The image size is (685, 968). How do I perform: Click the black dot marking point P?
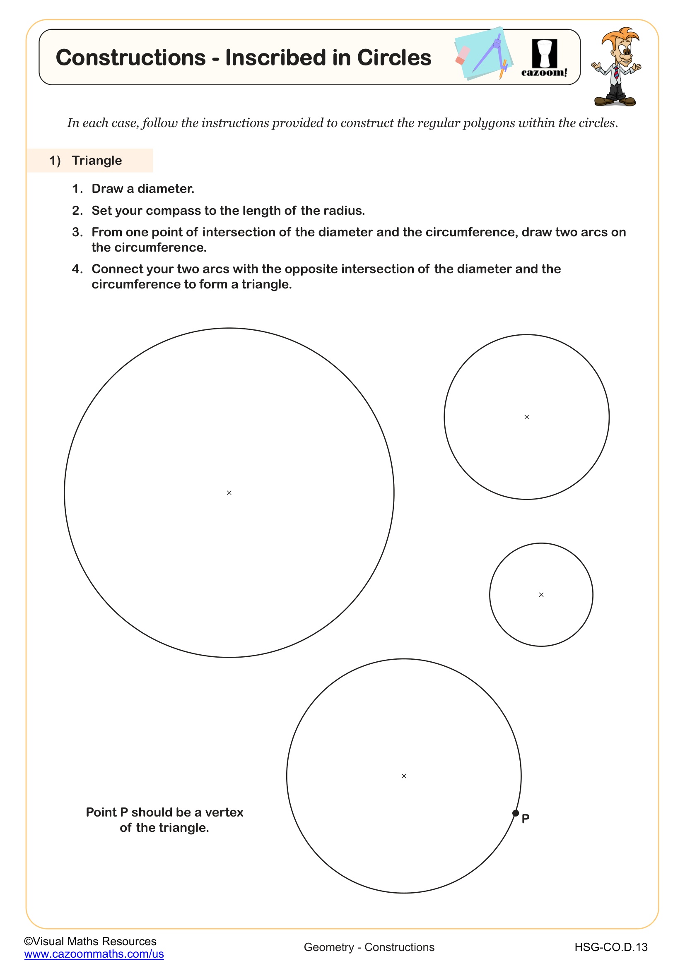516,813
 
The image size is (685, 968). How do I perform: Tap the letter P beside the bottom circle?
526,819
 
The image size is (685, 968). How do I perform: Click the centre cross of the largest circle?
229,493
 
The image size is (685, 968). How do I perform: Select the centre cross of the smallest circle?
541,595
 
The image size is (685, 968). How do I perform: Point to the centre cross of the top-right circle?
526,417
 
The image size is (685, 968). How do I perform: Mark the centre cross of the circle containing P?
404,776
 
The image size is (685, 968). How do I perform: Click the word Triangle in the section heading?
96,161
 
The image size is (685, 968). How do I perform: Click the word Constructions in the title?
131,58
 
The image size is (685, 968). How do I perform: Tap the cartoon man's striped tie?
616,72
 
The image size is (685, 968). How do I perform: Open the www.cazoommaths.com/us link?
94,954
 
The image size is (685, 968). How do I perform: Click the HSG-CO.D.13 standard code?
611,947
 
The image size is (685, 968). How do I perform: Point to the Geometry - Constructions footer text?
369,947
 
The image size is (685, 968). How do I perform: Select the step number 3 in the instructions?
76,232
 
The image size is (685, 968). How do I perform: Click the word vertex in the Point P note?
224,812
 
